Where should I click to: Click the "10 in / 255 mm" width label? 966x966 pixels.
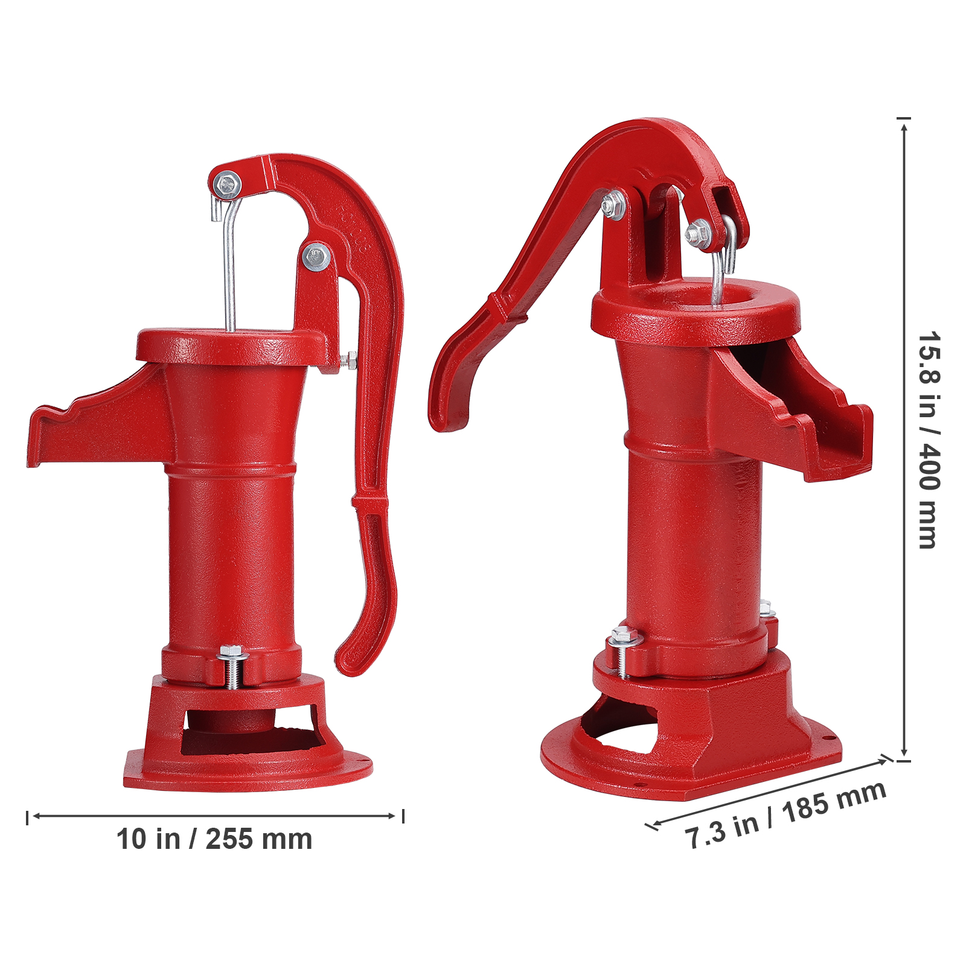214,839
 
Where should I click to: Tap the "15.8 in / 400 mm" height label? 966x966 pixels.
929,440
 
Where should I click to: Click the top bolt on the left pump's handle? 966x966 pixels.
228,184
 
